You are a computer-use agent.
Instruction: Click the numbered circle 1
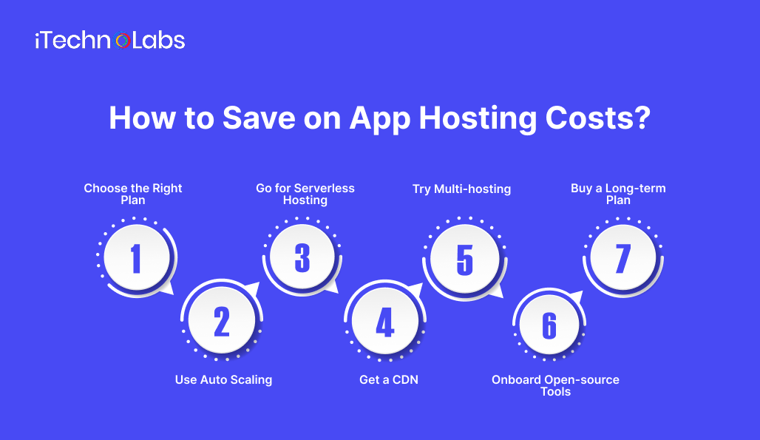[136, 258]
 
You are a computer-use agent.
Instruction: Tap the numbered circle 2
[221, 321]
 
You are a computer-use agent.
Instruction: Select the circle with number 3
[302, 258]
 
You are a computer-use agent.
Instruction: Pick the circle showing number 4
[384, 322]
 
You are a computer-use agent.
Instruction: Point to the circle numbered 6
[549, 325]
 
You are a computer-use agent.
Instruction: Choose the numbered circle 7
[623, 258]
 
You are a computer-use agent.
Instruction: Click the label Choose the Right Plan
[133, 194]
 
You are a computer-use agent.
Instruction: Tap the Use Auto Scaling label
[223, 379]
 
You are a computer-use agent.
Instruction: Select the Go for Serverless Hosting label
[305, 194]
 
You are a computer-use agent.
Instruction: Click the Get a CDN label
[389, 379]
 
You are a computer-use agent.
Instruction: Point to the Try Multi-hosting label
[461, 189]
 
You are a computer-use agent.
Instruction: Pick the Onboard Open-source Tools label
[555, 385]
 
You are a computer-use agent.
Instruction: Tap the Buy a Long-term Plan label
[618, 194]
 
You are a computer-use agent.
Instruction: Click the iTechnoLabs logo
[109, 41]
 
